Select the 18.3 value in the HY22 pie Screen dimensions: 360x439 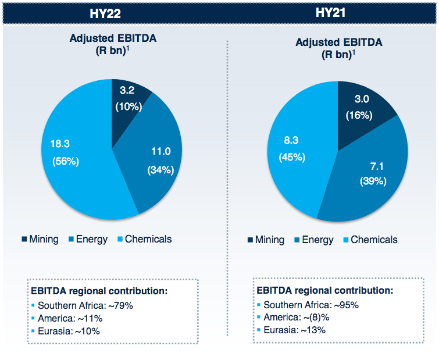[x=55, y=143]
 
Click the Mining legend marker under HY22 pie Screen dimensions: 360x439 [x=24, y=239]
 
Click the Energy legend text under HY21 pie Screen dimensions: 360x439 [x=317, y=240]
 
